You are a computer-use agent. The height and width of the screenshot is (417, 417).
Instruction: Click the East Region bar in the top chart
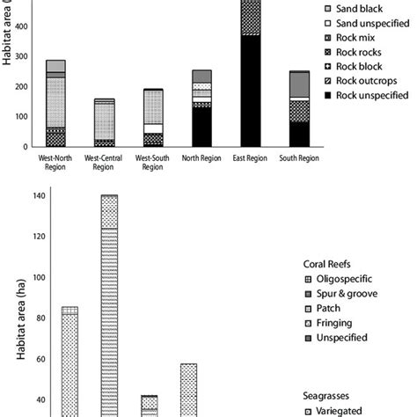[x=251, y=79]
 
